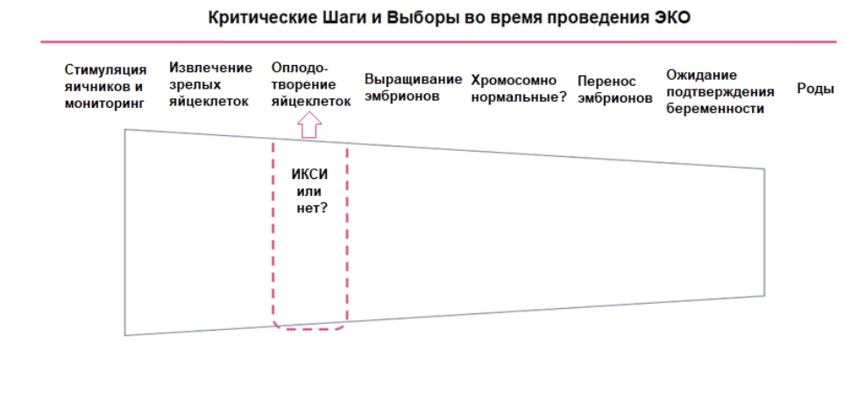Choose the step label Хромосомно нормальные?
(x=519, y=89)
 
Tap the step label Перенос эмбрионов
(x=614, y=90)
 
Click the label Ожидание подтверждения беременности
(x=719, y=92)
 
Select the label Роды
(x=815, y=89)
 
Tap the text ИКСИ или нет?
(x=308, y=191)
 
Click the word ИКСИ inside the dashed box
(x=309, y=174)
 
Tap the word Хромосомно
(x=514, y=81)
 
